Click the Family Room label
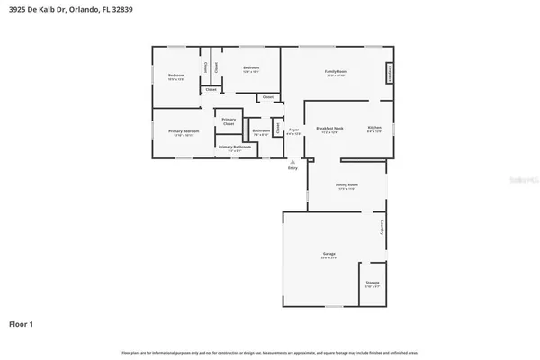(337, 71)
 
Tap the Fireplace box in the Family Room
(390, 72)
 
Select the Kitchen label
(374, 129)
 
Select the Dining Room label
(346, 186)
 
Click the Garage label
(329, 255)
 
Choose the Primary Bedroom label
(183, 131)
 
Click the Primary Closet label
(229, 121)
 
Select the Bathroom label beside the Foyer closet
(261, 131)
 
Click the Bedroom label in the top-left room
(175, 75)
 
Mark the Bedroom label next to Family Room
(251, 68)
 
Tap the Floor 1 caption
(22, 322)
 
